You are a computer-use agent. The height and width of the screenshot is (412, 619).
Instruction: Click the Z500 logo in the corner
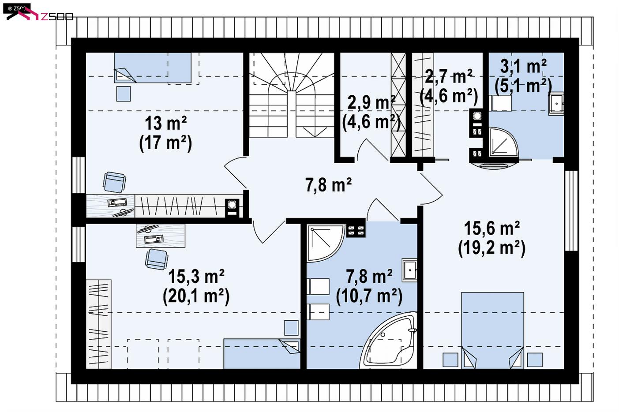(39, 13)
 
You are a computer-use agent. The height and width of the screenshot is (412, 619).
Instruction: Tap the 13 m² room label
(166, 123)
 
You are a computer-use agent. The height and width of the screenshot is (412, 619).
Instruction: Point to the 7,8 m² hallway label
(328, 185)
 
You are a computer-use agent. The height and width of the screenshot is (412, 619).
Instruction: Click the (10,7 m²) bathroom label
(369, 296)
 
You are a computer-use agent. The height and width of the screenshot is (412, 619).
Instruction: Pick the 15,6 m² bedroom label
(492, 228)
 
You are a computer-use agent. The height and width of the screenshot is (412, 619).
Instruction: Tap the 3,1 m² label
(523, 66)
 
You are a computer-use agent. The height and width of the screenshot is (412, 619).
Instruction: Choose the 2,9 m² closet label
(371, 102)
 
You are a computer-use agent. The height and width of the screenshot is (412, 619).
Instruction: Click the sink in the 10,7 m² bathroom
(409, 270)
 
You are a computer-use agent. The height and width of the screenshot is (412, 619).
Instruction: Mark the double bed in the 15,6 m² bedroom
(492, 330)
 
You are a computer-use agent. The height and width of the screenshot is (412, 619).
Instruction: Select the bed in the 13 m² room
(153, 68)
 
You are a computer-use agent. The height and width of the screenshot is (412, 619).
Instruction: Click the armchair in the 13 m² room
(114, 182)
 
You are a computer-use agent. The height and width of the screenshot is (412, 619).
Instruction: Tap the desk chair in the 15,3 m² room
(157, 259)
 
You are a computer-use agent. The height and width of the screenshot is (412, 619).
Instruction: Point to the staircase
(292, 95)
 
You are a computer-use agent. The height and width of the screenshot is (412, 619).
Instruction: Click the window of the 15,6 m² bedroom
(571, 210)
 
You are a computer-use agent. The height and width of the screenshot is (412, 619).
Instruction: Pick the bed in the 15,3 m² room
(262, 354)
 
